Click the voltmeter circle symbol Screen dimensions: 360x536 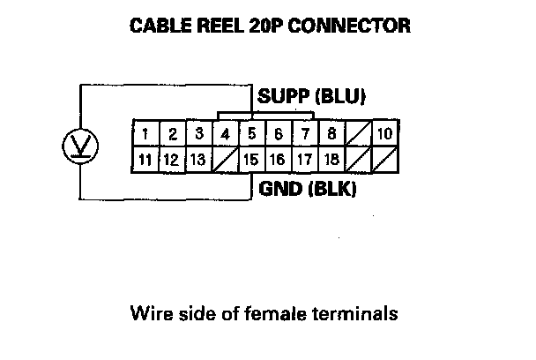coord(81,143)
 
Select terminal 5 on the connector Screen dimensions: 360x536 coord(252,135)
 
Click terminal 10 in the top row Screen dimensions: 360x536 coord(384,135)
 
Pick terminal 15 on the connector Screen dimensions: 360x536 coord(252,161)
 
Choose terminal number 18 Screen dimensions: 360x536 coord(331,161)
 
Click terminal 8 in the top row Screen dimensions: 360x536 coord(331,135)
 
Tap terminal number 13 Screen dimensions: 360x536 coord(199,161)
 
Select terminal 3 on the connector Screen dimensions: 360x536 coord(199,135)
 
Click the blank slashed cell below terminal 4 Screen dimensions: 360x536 coord(226,161)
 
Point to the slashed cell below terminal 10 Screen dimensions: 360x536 coord(384,161)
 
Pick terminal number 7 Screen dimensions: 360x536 coord(305,135)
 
